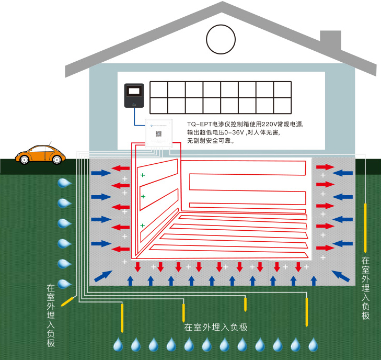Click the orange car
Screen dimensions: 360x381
point(40,154)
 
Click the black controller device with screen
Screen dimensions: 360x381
point(134,95)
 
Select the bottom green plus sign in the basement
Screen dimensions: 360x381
point(142,226)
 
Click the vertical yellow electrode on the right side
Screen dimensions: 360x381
point(365,227)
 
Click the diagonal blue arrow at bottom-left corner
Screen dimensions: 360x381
point(103,276)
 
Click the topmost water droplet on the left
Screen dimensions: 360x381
point(64,183)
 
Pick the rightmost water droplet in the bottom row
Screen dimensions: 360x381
point(313,344)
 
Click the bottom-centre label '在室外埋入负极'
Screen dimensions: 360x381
point(215,328)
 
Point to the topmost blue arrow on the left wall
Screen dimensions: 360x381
point(101,173)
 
